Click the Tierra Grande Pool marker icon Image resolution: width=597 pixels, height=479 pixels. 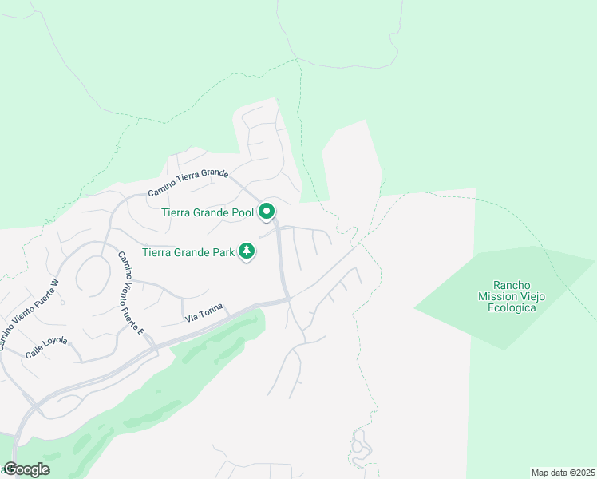click(267, 212)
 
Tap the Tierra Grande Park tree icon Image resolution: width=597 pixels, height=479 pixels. click(247, 251)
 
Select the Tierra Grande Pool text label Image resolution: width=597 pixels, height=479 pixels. click(208, 212)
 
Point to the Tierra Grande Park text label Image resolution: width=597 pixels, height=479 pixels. click(188, 252)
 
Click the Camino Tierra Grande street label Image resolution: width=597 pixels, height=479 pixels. click(188, 183)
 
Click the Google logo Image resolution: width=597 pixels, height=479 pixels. click(26, 469)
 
